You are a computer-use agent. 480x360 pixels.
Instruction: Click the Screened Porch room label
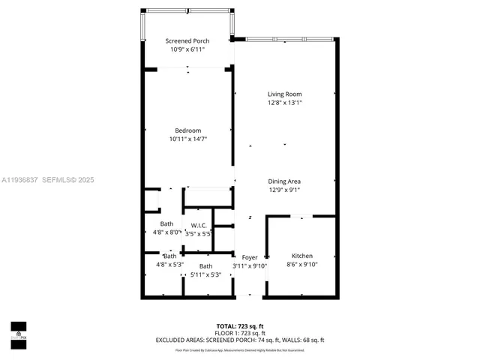coord(187,41)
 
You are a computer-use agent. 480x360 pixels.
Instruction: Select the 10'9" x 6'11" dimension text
coord(187,49)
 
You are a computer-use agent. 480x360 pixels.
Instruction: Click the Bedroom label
coord(187,130)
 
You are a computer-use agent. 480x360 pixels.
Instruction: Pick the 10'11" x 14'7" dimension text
coord(187,139)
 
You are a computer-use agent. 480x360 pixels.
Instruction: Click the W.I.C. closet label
coord(199,225)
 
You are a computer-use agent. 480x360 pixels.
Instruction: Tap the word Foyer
coord(249,257)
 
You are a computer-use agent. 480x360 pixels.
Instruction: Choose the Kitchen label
coord(301,256)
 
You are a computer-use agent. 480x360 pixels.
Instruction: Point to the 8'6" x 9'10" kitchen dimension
coord(301,264)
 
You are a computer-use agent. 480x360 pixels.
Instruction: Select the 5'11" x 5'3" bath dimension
coord(205,274)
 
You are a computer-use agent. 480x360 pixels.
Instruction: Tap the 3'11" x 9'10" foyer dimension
coord(249,265)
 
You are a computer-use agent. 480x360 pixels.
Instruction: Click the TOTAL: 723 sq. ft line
coord(240,325)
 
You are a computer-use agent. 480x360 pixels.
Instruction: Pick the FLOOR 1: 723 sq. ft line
coord(240,332)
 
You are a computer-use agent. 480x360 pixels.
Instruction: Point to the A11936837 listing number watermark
coord(21,180)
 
